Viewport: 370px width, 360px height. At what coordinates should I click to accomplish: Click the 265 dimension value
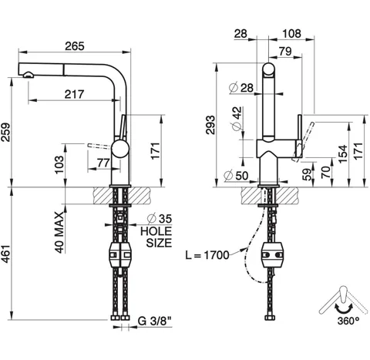75,46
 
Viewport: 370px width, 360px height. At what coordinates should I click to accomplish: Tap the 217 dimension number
74,94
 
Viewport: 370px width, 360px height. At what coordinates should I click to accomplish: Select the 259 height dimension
5,133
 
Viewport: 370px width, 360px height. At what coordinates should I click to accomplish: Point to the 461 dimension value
5,254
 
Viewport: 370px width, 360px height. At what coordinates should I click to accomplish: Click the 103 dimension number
59,165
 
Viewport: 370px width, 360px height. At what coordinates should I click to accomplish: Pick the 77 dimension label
103,163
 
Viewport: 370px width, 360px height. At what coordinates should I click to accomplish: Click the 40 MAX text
60,233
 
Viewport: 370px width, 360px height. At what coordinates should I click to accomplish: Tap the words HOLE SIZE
156,237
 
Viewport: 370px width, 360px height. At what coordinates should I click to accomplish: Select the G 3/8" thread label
155,321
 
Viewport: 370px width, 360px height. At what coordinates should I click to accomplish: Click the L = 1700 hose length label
207,255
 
